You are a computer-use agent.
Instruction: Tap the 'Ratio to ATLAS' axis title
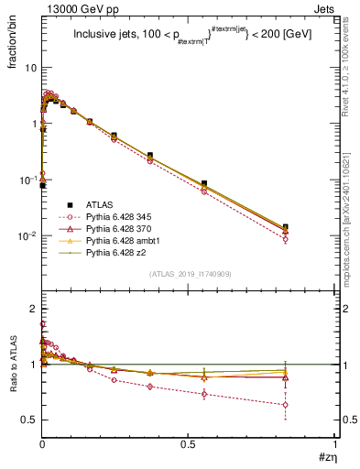[x=11, y=389]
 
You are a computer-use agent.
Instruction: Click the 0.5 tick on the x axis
[x=189, y=442]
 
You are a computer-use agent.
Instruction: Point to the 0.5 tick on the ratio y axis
[x=28, y=420]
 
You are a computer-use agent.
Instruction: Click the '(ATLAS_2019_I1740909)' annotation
[x=188, y=274]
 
